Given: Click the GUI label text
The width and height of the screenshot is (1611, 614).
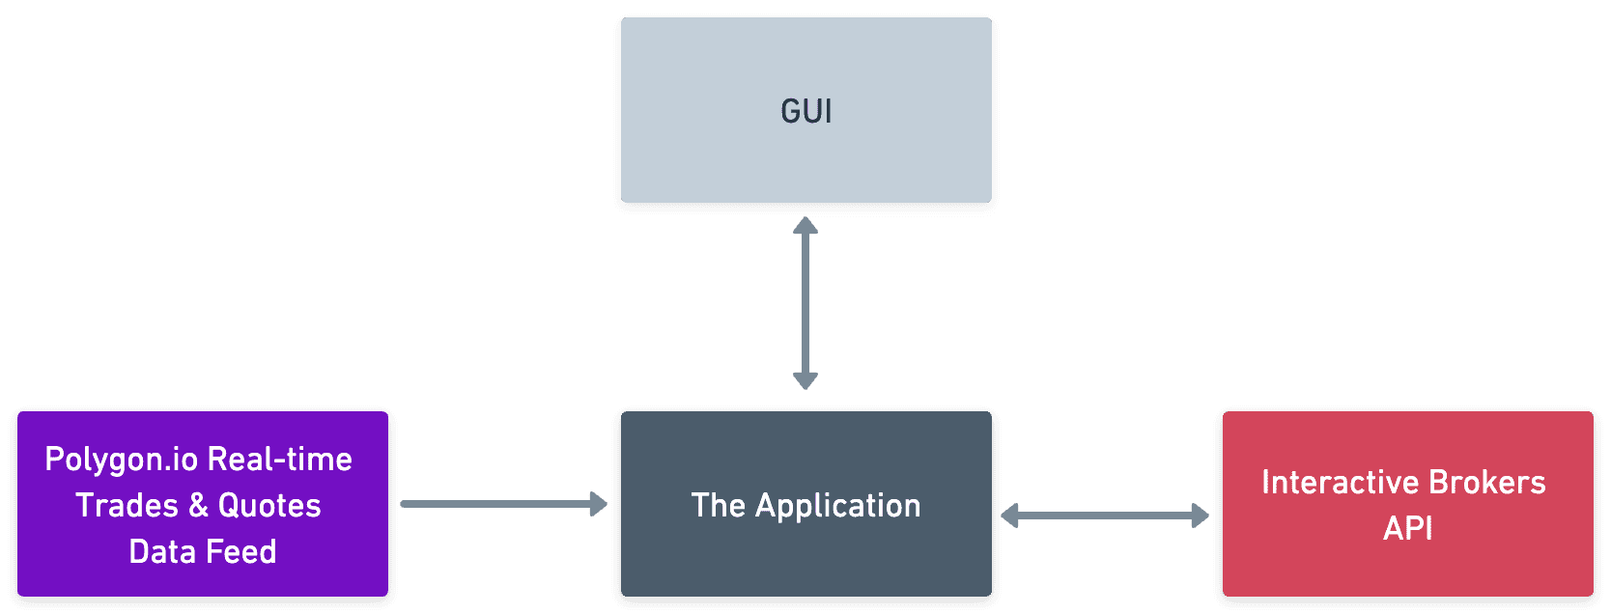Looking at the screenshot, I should [x=805, y=112].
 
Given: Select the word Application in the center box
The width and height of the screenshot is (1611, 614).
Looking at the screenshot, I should [x=837, y=506].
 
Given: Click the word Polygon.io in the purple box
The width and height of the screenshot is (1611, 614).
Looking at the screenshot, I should [x=121, y=460].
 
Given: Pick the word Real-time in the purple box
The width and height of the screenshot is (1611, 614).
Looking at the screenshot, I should [x=280, y=459].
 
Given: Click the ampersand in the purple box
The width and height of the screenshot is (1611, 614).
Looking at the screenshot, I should [x=198, y=505].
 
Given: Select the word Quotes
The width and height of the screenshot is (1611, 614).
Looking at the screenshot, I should [x=269, y=505].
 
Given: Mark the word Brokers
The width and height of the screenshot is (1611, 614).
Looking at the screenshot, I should [x=1487, y=482].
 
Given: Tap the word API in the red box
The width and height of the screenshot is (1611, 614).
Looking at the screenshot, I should [x=1407, y=528].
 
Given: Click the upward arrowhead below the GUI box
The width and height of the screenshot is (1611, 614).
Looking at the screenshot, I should [x=805, y=226].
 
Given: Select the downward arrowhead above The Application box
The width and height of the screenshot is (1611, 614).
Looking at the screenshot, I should [x=805, y=380].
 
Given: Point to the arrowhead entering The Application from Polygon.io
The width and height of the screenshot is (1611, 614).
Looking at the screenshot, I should [x=599, y=504].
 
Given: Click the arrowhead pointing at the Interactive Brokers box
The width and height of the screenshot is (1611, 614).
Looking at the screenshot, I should [x=1201, y=516].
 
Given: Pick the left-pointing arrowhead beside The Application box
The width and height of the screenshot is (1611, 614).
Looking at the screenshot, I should [x=1010, y=516].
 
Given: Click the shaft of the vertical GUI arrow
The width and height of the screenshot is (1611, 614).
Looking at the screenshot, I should [x=805, y=303].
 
